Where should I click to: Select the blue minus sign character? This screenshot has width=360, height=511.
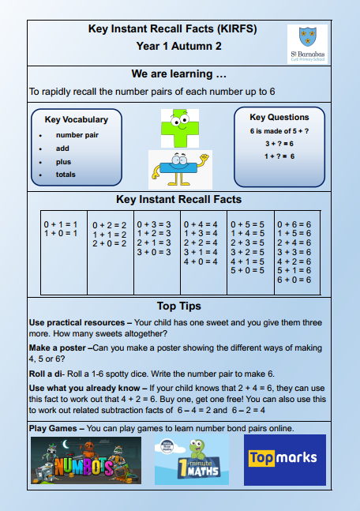(x=180, y=167)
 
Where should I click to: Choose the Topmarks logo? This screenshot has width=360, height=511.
(x=284, y=459)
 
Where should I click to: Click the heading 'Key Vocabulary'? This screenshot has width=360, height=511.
(x=76, y=120)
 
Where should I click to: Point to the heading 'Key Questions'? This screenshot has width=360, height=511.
(x=279, y=117)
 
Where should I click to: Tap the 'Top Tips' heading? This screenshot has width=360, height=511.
(x=179, y=306)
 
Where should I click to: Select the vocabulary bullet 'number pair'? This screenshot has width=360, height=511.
(x=77, y=135)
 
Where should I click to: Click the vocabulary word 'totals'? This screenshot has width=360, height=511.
(x=66, y=175)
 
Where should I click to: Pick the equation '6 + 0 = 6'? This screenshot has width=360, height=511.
(x=294, y=279)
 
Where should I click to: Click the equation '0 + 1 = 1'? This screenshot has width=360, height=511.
(x=60, y=224)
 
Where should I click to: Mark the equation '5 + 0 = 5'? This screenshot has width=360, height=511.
(x=247, y=270)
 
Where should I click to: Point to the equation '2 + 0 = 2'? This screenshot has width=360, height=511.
(x=110, y=243)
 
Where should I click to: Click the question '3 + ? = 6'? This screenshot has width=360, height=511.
(x=279, y=143)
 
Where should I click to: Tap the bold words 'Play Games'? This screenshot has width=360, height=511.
(x=54, y=428)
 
